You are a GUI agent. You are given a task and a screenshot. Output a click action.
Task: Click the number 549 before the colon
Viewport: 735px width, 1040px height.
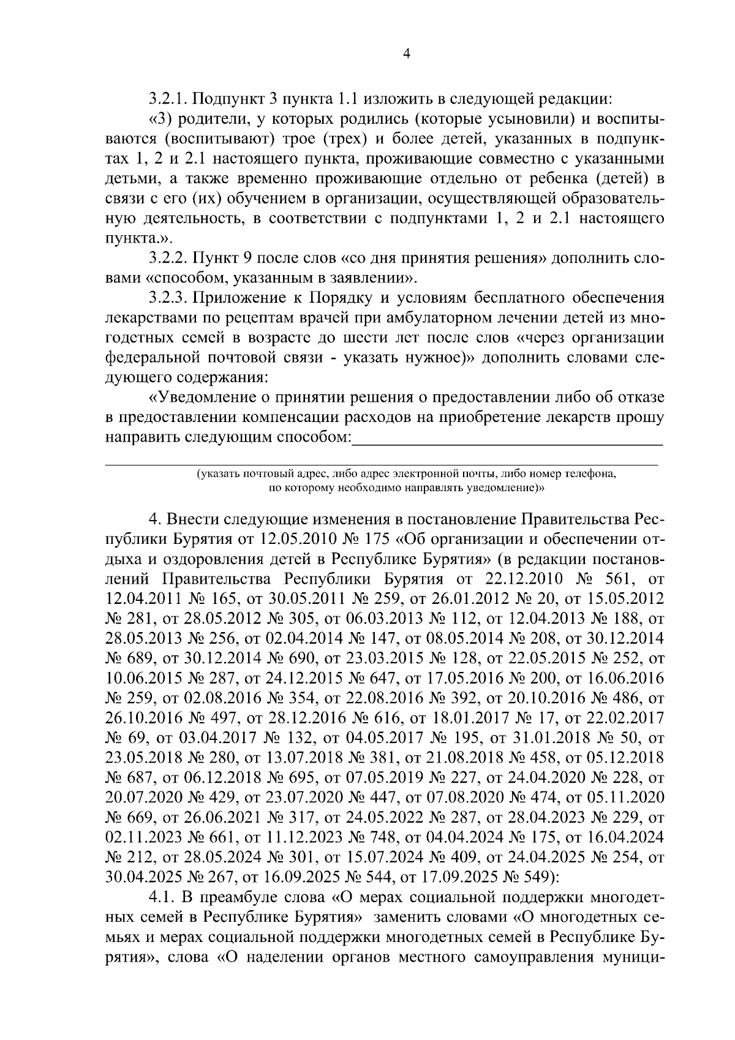540,877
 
